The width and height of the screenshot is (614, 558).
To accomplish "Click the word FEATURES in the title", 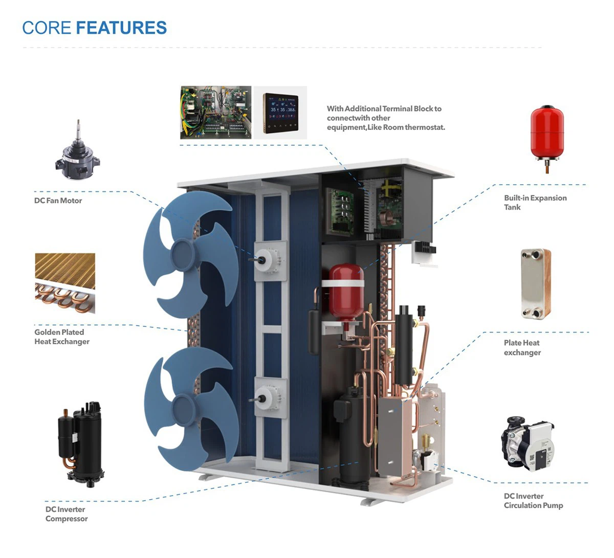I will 121,28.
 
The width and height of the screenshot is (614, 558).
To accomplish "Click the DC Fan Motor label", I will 58,200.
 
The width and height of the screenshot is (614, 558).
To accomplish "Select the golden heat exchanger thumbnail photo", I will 65,282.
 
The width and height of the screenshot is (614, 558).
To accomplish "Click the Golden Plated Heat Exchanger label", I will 62,337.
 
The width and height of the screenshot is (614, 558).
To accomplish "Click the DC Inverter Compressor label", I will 66,514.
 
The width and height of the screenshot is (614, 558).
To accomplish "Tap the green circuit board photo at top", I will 215,113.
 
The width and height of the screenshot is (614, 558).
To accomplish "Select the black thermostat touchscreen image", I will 280,113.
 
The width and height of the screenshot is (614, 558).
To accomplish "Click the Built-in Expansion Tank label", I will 535,202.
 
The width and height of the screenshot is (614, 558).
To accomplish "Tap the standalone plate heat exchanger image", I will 535,283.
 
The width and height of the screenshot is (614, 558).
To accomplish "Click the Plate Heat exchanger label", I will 522,347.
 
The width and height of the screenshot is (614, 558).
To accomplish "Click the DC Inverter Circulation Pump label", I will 533,501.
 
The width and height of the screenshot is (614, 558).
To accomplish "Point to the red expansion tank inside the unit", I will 345,292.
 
